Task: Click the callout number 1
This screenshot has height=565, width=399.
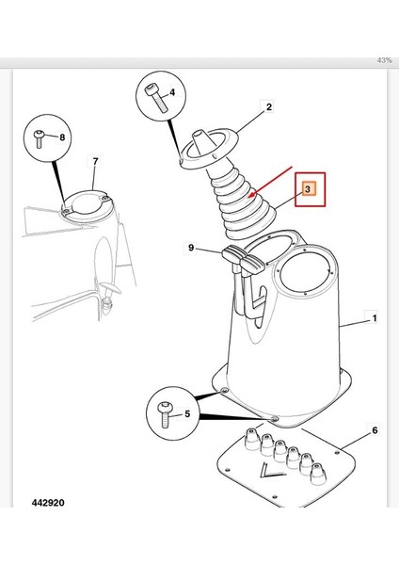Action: tap(375, 318)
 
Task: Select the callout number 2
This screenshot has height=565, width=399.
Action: tap(269, 107)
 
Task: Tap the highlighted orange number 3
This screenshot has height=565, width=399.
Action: tap(308, 189)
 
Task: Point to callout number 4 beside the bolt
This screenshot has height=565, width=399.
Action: tap(172, 92)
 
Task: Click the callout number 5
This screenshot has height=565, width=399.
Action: tap(187, 413)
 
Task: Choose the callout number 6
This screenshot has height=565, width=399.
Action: tap(375, 430)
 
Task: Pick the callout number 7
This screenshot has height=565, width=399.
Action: tap(95, 161)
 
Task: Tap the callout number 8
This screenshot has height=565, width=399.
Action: tap(62, 137)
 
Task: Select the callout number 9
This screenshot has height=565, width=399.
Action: tap(191, 248)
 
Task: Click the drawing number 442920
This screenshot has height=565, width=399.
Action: tap(48, 503)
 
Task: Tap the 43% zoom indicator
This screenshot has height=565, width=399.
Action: tap(385, 60)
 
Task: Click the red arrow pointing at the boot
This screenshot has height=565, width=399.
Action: tap(270, 182)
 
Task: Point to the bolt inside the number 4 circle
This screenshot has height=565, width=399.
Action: tap(156, 98)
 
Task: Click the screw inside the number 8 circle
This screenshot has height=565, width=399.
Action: tap(39, 138)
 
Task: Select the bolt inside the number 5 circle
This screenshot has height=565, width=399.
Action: tap(166, 414)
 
